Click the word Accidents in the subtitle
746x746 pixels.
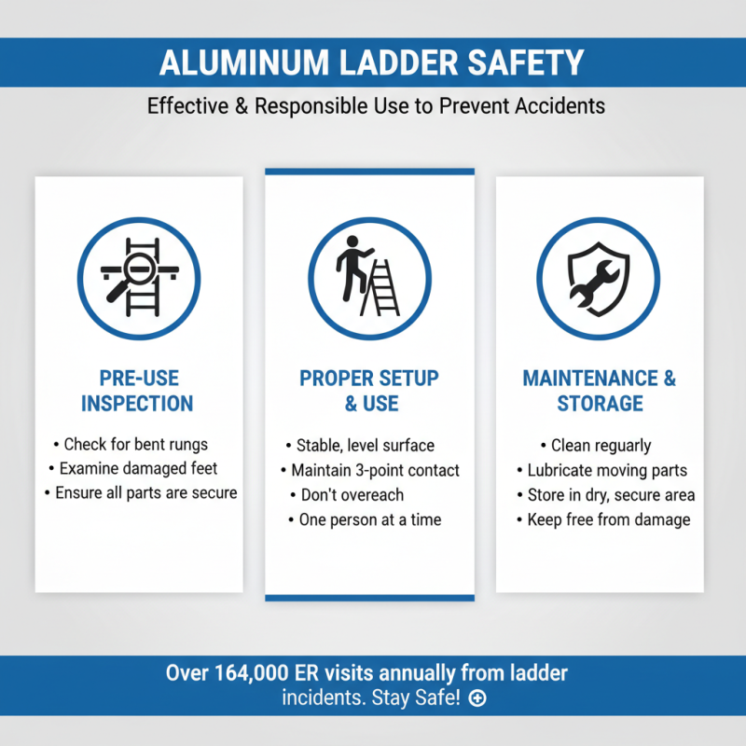(560, 105)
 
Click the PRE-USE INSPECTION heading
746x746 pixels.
(137, 391)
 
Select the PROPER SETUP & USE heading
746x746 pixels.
(369, 391)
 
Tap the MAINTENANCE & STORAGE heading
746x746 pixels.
(600, 391)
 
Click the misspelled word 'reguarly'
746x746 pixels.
(621, 446)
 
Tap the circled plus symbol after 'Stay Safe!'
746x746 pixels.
(477, 698)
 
